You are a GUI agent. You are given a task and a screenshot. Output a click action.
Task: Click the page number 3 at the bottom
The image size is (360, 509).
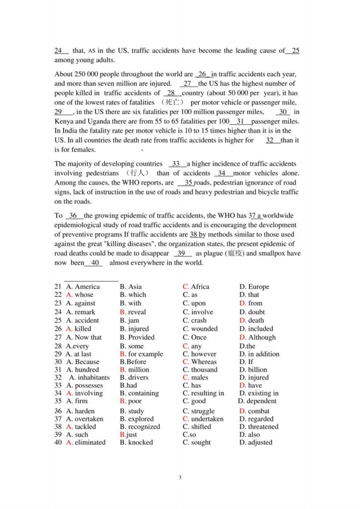[x=180, y=477]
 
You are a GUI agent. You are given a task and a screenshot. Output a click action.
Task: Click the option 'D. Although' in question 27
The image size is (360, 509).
[x=257, y=338]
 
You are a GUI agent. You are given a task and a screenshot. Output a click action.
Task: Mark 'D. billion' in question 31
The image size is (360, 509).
[x=253, y=370]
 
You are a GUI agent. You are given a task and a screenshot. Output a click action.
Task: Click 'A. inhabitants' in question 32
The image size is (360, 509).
[x=89, y=377]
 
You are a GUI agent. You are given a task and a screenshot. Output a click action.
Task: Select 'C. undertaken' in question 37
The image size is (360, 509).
[x=203, y=419]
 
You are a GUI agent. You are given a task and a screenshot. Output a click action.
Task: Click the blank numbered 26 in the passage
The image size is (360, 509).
[x=202, y=74]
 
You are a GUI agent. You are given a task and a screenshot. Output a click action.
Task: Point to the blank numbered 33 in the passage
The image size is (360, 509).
[x=177, y=164]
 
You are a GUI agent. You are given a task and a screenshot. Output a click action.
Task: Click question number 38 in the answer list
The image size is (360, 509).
[x=58, y=427]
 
